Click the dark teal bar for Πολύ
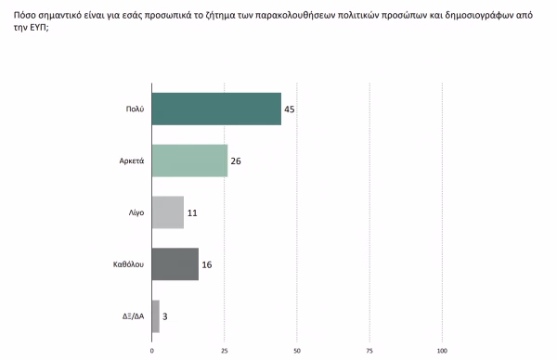[x=216, y=109]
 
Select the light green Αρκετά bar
[x=189, y=161]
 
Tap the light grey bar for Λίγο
[x=168, y=212]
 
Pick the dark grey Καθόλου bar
[x=175, y=264]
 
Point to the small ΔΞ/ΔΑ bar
[x=156, y=316]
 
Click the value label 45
[x=290, y=109]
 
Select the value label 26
[x=236, y=161]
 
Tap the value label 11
[x=192, y=213]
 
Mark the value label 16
[x=207, y=264]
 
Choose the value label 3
[x=165, y=316]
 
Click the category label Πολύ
[x=135, y=109]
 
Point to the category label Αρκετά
[x=132, y=161]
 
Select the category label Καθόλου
[x=129, y=264]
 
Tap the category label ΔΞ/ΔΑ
[x=133, y=316]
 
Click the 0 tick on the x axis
[x=151, y=351]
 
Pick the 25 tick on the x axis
[x=224, y=351]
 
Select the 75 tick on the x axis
[x=369, y=351]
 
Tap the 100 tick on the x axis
[x=442, y=351]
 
